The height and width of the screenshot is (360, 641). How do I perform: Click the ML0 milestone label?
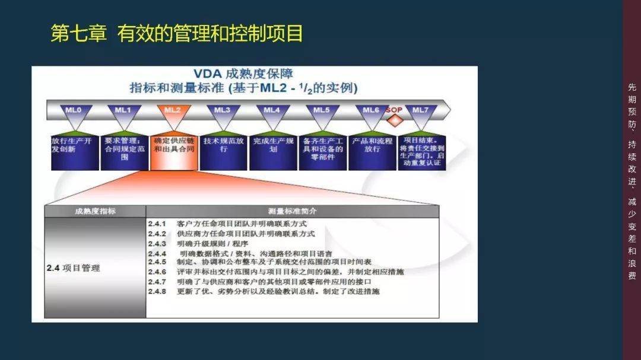click(74, 110)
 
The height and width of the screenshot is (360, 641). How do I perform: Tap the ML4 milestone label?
click(272, 110)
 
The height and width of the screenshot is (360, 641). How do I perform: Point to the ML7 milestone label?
click(420, 110)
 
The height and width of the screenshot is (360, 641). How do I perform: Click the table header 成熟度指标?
click(95, 211)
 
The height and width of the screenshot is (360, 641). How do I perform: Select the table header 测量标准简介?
click(292, 211)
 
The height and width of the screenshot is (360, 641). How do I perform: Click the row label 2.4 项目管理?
click(74, 268)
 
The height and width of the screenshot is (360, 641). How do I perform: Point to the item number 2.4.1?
click(157, 224)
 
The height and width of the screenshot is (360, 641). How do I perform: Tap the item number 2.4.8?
click(157, 291)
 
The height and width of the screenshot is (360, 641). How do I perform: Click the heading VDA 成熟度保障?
click(243, 74)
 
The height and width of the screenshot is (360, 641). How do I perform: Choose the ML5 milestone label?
click(321, 110)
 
